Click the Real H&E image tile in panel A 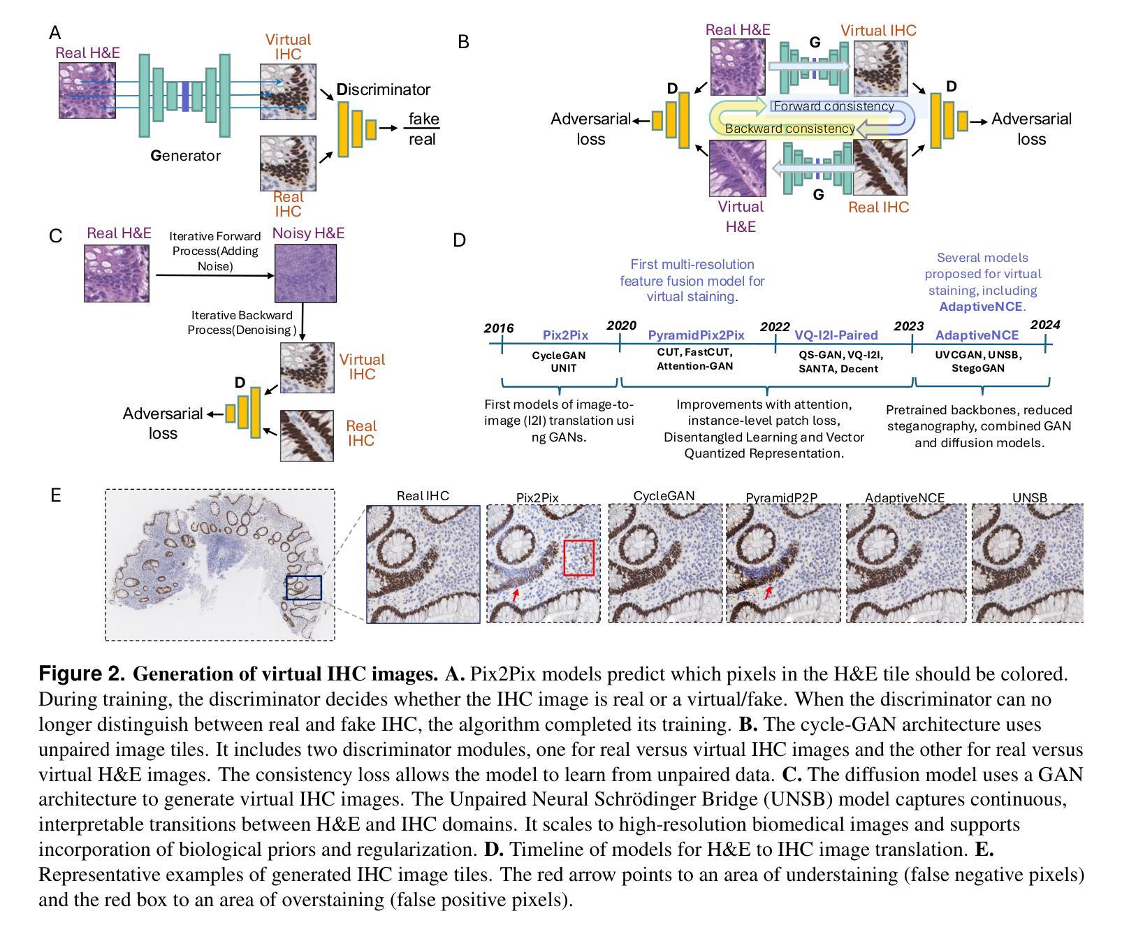(x=87, y=90)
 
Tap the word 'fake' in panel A (x=423, y=119)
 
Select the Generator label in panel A (x=185, y=156)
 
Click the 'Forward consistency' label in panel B (x=833, y=106)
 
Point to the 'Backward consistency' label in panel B (x=789, y=129)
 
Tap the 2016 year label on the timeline (x=499, y=328)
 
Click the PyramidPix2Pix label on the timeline (x=696, y=335)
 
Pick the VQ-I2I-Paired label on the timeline (x=836, y=335)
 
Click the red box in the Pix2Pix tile (x=578, y=558)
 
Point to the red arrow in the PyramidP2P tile (x=768, y=592)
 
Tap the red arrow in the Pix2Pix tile (x=515, y=595)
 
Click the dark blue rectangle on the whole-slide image (x=304, y=588)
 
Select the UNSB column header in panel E (x=1029, y=497)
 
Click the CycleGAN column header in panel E (x=664, y=496)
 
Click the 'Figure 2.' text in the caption (x=82, y=674)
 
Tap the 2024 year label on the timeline (x=1045, y=325)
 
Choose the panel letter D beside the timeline (x=459, y=240)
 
